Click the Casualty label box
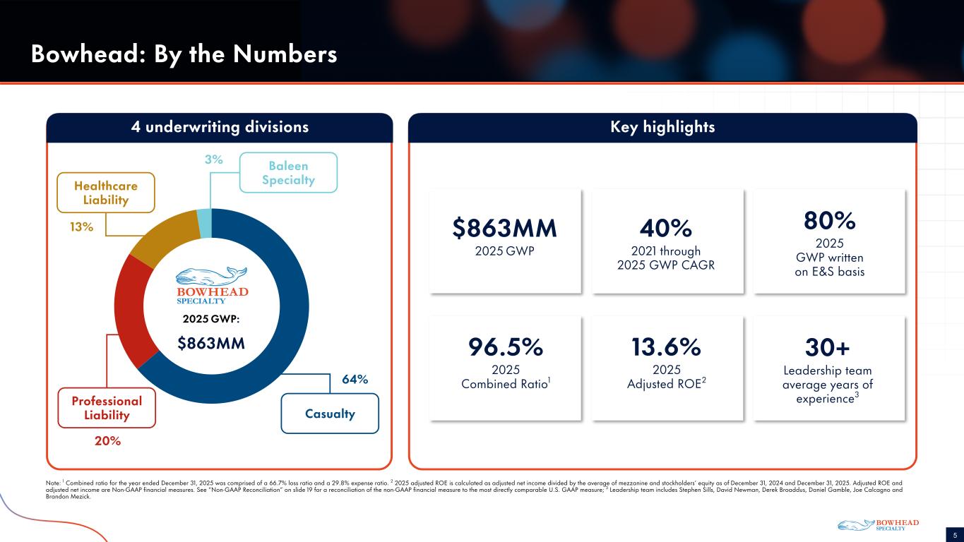tap(330, 414)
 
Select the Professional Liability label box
tap(107, 408)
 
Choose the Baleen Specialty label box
tap(288, 173)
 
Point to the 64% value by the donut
tap(355, 380)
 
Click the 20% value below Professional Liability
tap(107, 441)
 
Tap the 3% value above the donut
tap(214, 160)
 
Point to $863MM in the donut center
tap(211, 344)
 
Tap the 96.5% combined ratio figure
tap(505, 347)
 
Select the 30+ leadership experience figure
tap(828, 347)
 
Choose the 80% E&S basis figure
tap(829, 221)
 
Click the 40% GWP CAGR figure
tap(667, 228)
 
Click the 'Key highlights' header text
tap(662, 127)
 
